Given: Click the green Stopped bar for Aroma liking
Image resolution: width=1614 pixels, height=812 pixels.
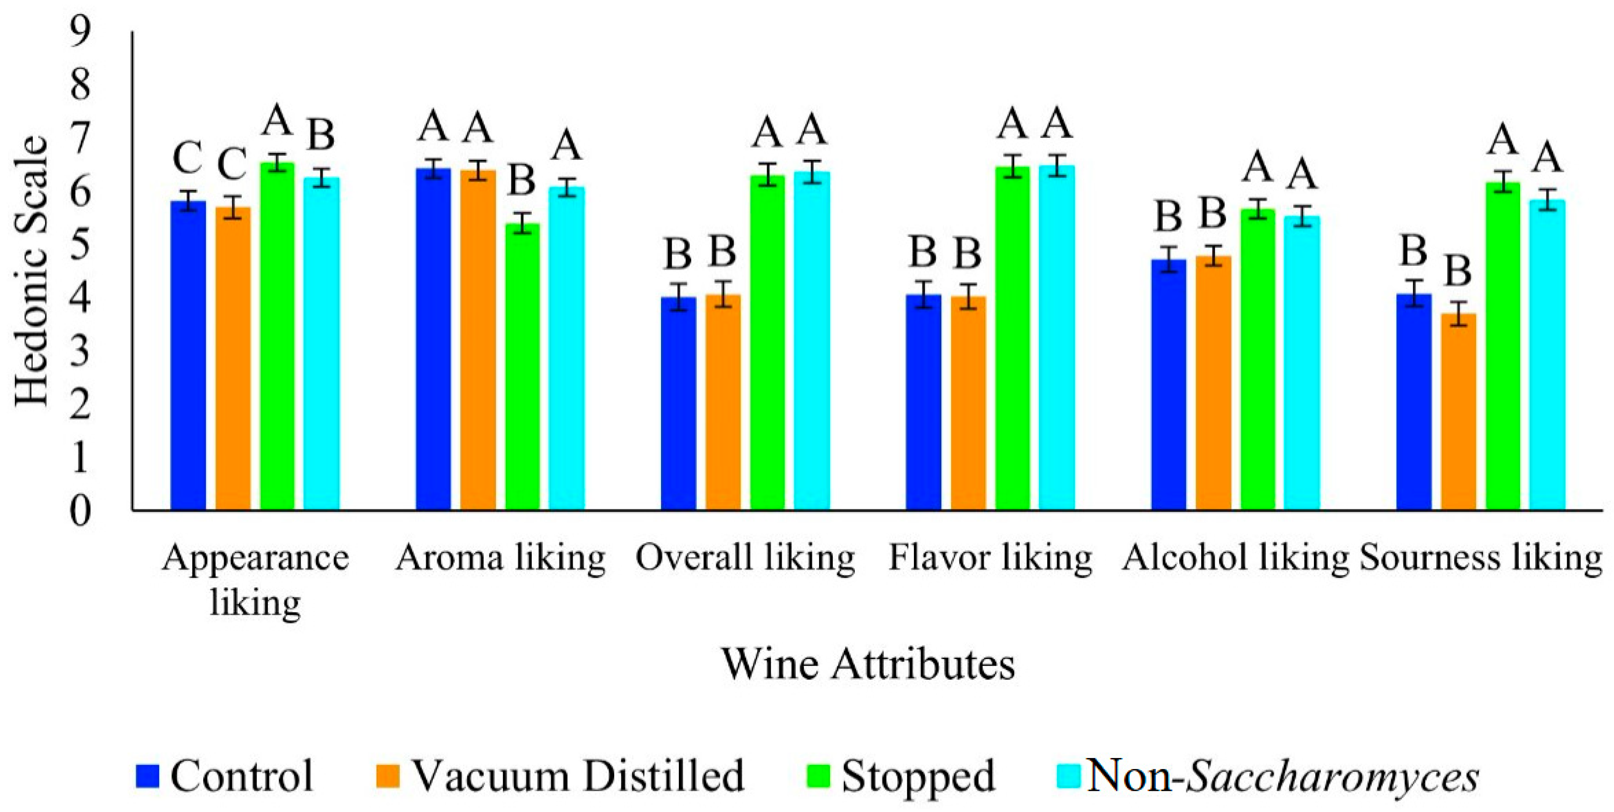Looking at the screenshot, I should coord(522,366).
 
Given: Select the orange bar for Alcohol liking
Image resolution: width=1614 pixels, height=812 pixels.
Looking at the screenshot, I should coord(1213,382).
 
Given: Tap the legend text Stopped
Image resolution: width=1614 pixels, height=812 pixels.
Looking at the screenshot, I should coord(917,776).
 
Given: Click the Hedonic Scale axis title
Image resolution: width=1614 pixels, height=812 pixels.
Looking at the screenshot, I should coord(31,271).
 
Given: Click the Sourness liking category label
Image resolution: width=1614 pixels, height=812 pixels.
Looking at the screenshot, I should coord(1481,558).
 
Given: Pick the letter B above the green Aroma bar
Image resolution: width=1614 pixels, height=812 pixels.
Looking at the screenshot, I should coord(521,180).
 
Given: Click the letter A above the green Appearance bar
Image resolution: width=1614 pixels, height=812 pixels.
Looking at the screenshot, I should coord(277,121).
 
